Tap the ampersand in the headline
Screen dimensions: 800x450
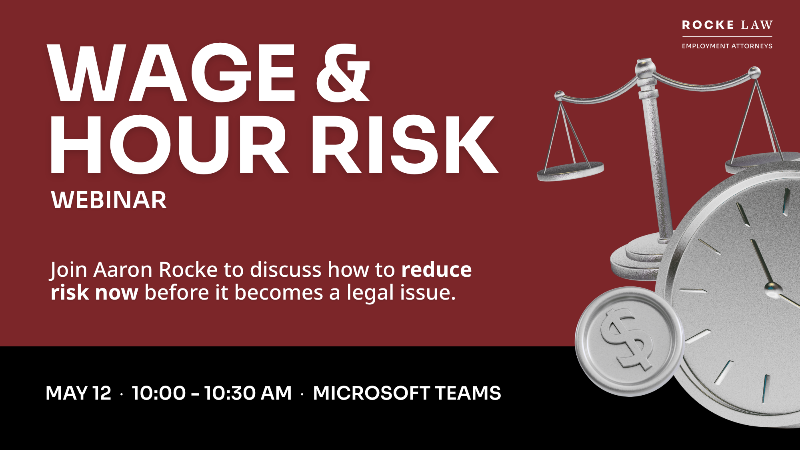coord(343,72)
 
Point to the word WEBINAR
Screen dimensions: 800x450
coord(109,200)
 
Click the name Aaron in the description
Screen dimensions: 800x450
coord(123,270)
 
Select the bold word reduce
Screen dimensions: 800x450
coord(436,270)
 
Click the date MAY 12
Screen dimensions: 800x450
coord(78,393)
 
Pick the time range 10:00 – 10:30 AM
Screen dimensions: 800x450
coord(212,393)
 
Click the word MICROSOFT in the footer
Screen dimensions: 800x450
coord(372,393)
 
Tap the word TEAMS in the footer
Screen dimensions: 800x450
coord(468,393)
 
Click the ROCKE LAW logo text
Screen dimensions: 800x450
coord(727,25)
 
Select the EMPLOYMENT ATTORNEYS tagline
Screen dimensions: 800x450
coord(727,46)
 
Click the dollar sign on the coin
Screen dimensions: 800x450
coord(626,338)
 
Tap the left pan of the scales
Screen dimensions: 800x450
coord(570,171)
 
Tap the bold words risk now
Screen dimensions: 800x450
coord(94,293)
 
